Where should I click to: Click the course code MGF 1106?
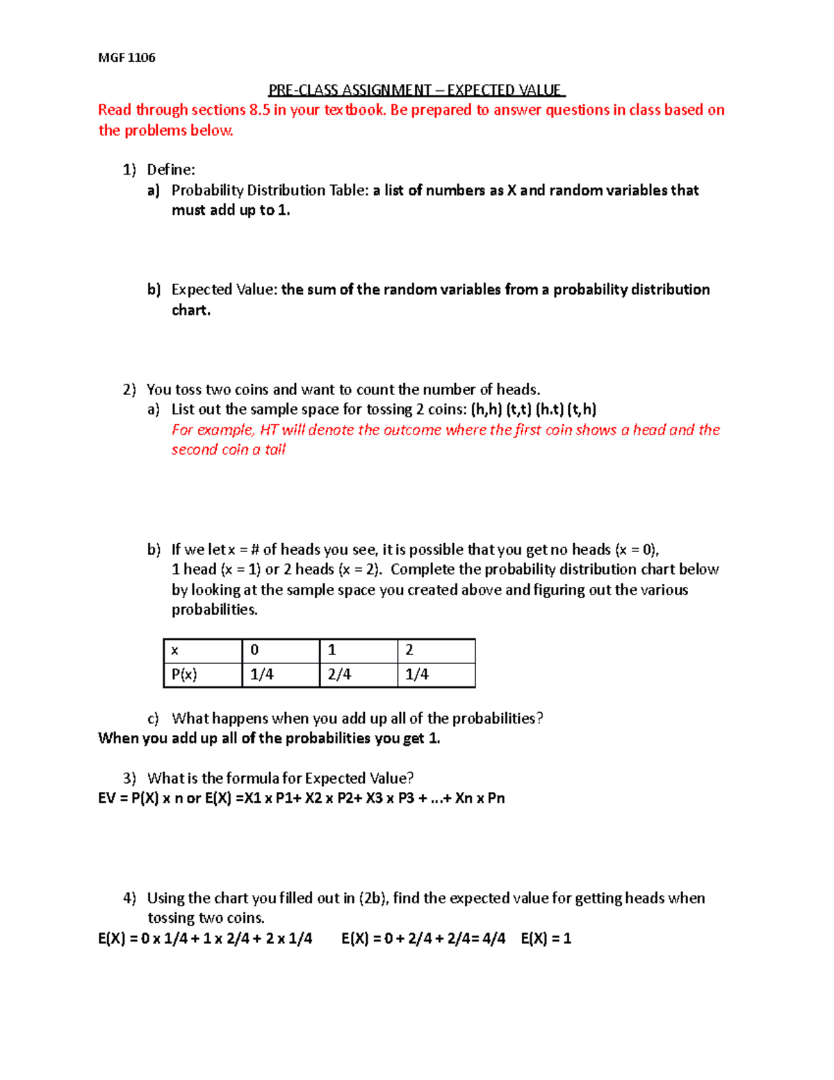tap(126, 58)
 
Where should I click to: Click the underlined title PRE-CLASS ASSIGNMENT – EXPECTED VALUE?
tap(416, 90)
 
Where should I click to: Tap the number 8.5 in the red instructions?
tap(259, 110)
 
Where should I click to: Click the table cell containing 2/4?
tap(339, 675)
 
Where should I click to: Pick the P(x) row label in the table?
tap(184, 675)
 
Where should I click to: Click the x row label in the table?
tap(174, 651)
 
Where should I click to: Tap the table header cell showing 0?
tap(254, 650)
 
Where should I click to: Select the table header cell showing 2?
tap(409, 650)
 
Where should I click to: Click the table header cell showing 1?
tap(332, 650)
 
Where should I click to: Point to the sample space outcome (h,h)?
tap(486, 410)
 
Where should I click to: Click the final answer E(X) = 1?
tap(546, 939)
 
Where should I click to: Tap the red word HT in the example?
tap(268, 430)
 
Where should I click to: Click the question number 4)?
tap(129, 898)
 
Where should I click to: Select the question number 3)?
tap(129, 778)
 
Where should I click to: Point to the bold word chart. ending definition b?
tap(190, 310)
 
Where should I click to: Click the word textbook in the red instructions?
tap(354, 110)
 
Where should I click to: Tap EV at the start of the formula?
tap(106, 798)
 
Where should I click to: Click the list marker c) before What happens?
tap(153, 718)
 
